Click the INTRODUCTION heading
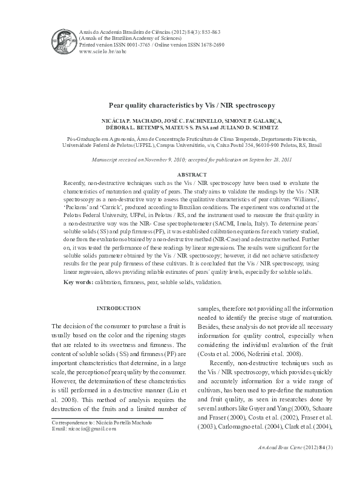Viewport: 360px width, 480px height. coord(119,308)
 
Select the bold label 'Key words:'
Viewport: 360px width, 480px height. coord(78,283)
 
